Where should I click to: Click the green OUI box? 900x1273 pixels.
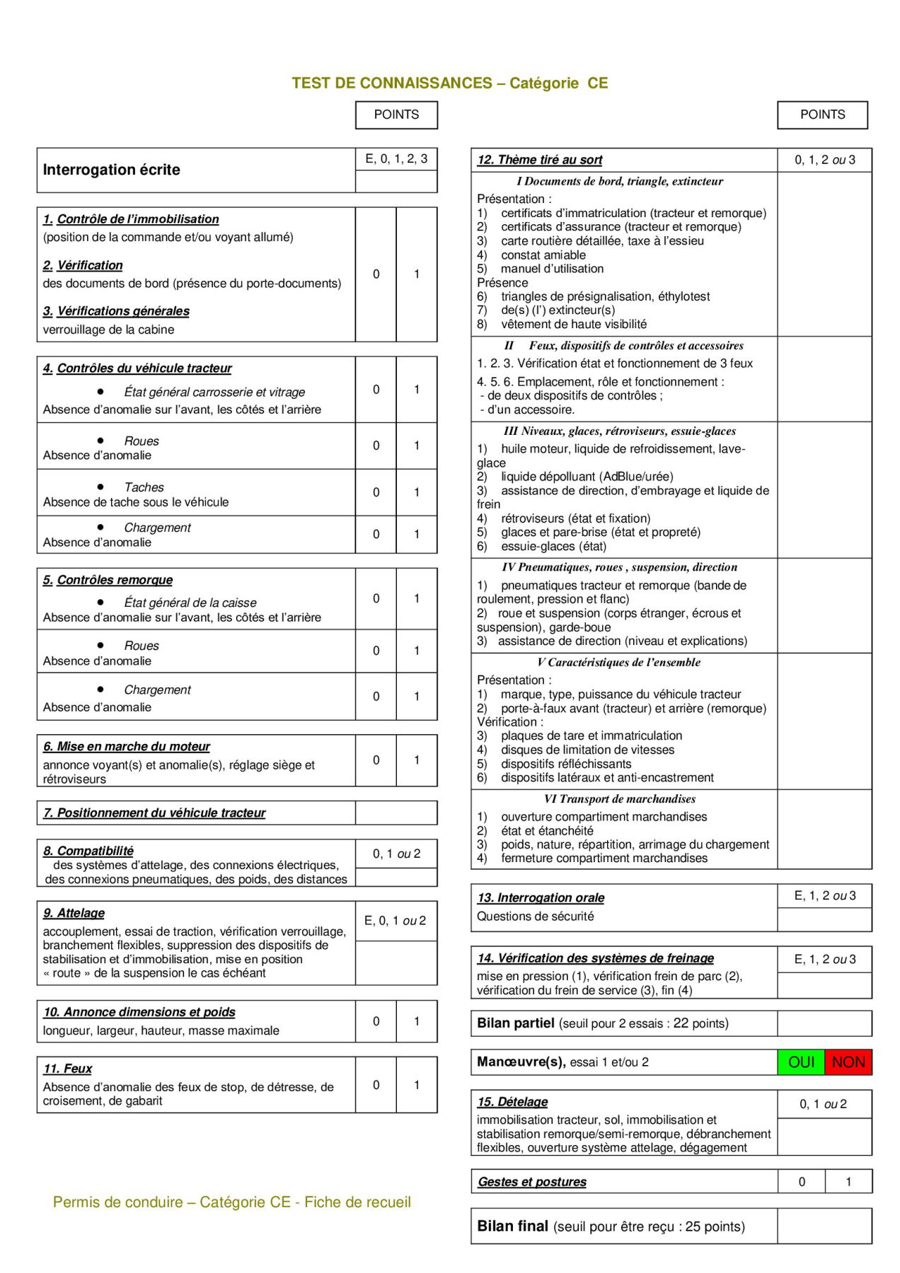801,1062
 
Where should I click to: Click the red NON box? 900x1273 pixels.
848,1062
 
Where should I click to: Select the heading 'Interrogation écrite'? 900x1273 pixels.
112,170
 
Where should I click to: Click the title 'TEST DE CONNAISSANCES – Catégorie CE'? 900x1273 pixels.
449,83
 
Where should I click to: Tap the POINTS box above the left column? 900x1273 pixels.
396,115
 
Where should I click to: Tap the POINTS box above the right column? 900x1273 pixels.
822,115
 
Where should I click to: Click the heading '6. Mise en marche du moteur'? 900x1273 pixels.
127,746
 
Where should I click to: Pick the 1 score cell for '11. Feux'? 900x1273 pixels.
417,1084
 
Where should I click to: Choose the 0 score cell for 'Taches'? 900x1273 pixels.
376,492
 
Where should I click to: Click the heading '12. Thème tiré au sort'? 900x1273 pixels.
540,160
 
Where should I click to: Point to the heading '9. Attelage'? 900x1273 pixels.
74,913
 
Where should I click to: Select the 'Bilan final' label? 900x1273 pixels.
513,1226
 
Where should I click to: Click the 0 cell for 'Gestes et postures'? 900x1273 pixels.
802,1181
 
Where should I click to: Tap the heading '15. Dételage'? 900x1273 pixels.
513,1101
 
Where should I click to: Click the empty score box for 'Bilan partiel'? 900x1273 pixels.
824,1023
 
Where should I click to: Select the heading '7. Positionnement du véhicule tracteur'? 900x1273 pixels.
154,813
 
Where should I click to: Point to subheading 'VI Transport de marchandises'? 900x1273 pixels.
620,798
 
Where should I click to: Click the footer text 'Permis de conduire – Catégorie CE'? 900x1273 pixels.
232,1202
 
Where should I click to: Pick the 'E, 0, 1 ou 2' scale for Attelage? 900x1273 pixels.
396,920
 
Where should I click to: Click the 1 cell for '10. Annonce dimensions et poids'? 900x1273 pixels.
417,1021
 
